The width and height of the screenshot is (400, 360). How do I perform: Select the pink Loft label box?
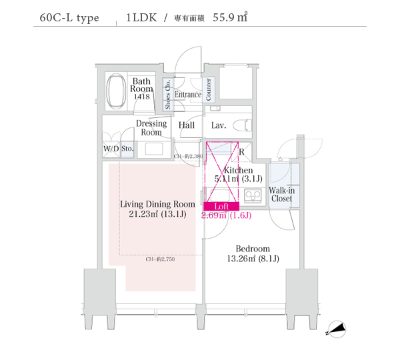tap(222, 207)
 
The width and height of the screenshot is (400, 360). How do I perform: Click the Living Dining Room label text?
tap(157, 204)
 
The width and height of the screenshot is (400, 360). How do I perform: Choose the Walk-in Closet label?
tap(281, 195)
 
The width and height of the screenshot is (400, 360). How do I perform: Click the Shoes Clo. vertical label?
tap(167, 95)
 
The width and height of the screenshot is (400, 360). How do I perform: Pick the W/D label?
tap(111, 149)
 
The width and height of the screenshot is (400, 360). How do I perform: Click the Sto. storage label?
tap(127, 149)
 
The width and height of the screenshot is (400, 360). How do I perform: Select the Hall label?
tap(186, 125)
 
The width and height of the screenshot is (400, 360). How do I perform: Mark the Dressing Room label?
tap(151, 128)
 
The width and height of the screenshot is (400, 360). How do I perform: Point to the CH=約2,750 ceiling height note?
tap(160, 259)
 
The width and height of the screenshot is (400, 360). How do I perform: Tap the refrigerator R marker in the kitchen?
tap(241, 152)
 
